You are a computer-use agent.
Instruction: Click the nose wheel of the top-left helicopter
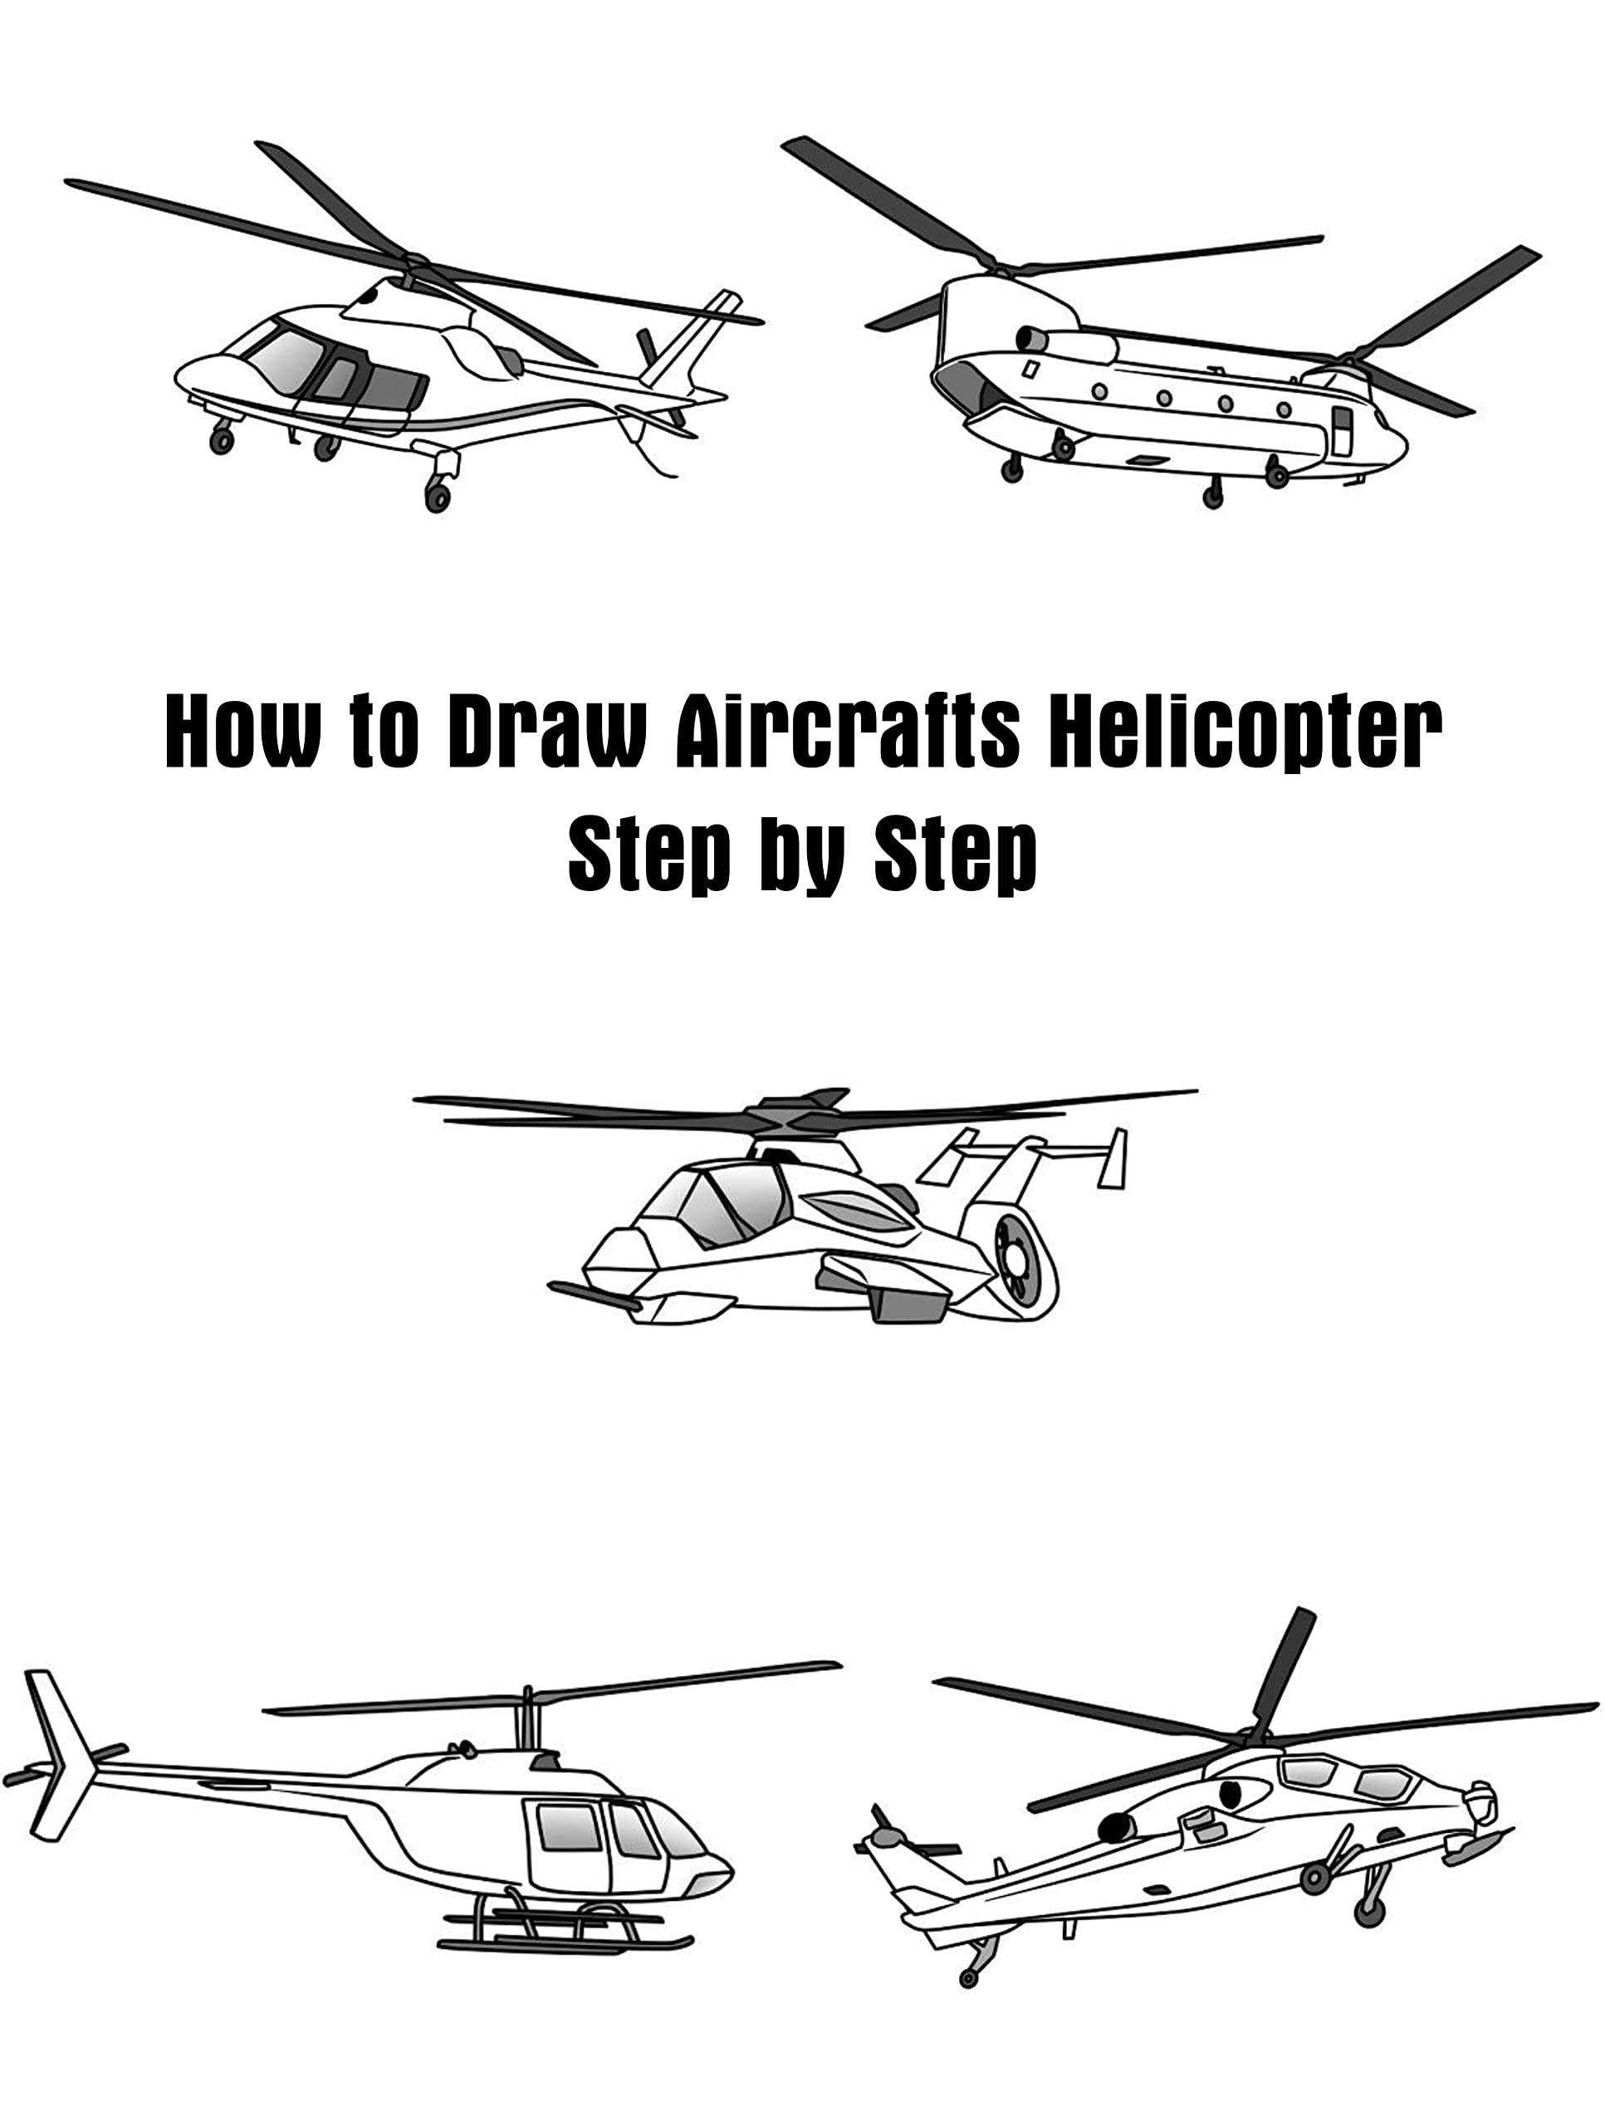(221, 440)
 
